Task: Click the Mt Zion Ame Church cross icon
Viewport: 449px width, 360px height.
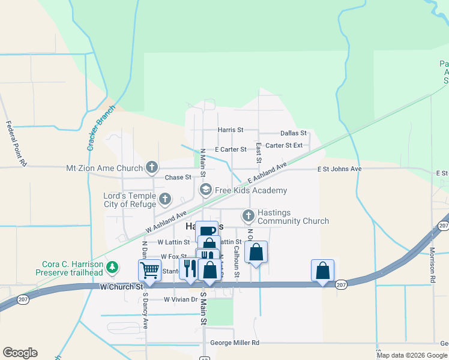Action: click(152, 168)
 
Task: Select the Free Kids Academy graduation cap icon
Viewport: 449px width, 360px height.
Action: click(205, 190)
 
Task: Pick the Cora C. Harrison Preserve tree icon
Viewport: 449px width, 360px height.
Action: click(112, 266)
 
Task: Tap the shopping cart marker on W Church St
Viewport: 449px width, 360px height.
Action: click(149, 269)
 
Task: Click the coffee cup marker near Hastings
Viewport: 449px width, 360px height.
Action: click(206, 231)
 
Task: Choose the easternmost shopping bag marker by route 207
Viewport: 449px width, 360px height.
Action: click(322, 269)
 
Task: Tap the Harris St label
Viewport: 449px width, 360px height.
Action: click(231, 130)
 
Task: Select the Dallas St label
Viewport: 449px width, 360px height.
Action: click(294, 133)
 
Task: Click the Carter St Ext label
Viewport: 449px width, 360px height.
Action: click(284, 145)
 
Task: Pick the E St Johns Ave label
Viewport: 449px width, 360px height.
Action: click(340, 169)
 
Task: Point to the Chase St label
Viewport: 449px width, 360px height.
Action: click(178, 178)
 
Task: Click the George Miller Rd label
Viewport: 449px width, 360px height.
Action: click(235, 343)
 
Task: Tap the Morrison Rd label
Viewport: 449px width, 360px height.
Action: click(432, 265)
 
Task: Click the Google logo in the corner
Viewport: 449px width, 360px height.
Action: click(20, 353)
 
